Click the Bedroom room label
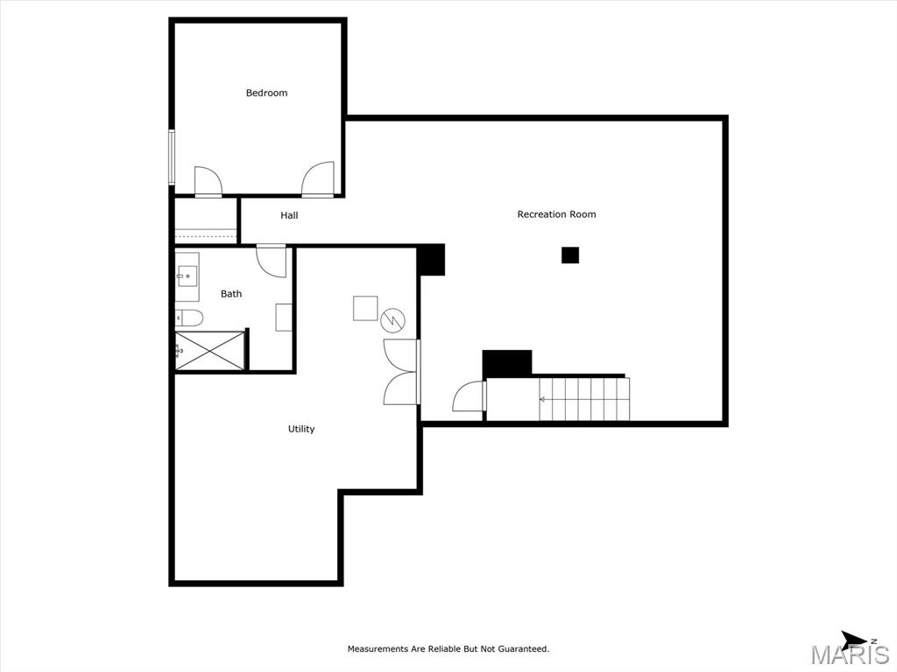(x=266, y=93)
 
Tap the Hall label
(x=289, y=215)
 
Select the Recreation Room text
(x=556, y=214)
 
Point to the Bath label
(x=231, y=294)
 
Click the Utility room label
(x=301, y=429)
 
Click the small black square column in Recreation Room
(x=569, y=255)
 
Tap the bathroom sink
(x=187, y=277)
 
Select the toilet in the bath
(x=189, y=318)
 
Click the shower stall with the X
(x=210, y=350)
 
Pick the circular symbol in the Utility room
(x=393, y=320)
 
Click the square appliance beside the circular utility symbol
(x=365, y=308)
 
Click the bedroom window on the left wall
(x=171, y=157)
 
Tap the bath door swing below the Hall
(x=272, y=261)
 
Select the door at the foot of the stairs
(x=470, y=396)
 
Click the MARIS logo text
(x=850, y=654)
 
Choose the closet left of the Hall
(x=206, y=221)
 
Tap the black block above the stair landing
(x=507, y=363)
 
